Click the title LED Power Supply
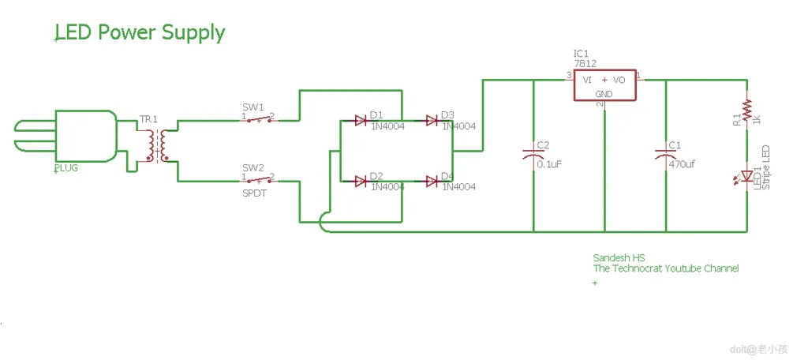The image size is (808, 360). pyautogui.click(x=140, y=33)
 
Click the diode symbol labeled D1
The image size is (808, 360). pyautogui.click(x=361, y=121)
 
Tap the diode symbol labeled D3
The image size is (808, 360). pyautogui.click(x=432, y=121)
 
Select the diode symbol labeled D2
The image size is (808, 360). pyautogui.click(x=361, y=182)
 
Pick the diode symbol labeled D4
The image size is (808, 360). pyautogui.click(x=432, y=182)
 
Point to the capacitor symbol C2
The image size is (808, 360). pyautogui.click(x=533, y=156)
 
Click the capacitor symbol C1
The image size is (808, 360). pyautogui.click(x=666, y=156)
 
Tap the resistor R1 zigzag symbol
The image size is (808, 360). pyautogui.click(x=746, y=107)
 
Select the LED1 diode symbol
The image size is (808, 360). pyautogui.click(x=746, y=175)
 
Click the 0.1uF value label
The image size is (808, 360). pyautogui.click(x=548, y=164)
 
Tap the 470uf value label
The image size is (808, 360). pyautogui.click(x=682, y=164)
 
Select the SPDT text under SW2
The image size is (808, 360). pyautogui.click(x=253, y=193)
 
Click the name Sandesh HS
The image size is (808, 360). pyautogui.click(x=619, y=258)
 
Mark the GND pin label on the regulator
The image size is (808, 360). pyautogui.click(x=604, y=95)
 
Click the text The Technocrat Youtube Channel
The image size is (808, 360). pyautogui.click(x=666, y=268)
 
